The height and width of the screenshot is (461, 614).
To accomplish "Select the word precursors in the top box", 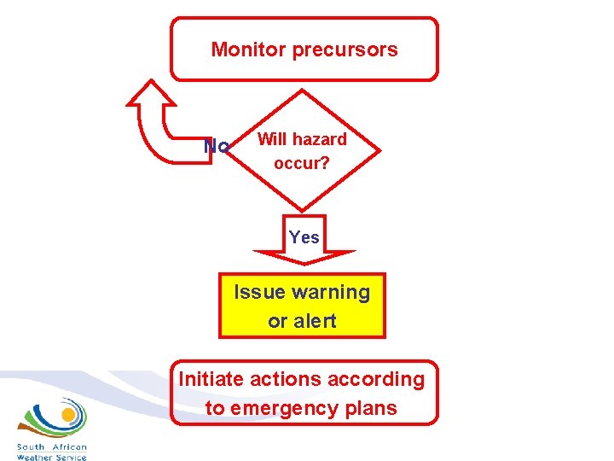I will coord(345,50).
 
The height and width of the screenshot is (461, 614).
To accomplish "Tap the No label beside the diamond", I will coord(217,147).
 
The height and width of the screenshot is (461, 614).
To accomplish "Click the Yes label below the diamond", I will coord(304,237).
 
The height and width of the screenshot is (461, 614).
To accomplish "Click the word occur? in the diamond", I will coord(302,161).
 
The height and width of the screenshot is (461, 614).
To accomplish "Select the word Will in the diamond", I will coord(272,139).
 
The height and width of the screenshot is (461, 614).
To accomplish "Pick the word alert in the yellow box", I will coord(316,321).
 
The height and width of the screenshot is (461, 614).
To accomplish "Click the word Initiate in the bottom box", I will coord(211,379).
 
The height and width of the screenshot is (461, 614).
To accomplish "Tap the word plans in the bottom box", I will coord(370,408).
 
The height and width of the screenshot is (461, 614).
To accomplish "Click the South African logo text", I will coord(52,447).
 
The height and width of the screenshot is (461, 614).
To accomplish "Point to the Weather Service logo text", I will coord(52,457).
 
